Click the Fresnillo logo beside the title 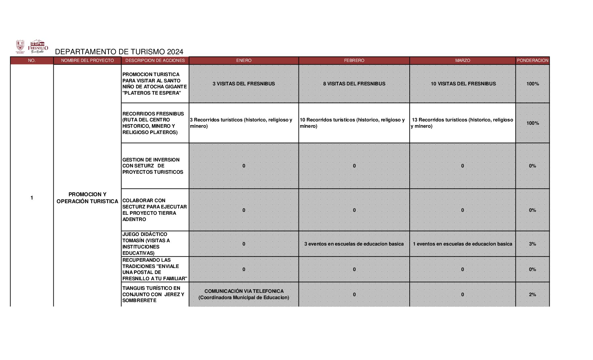(x=39, y=47)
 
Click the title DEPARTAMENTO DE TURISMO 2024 (x=119, y=52)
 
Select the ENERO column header (x=244, y=61)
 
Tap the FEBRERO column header (x=354, y=61)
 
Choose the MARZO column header (x=462, y=61)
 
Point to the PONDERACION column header (x=532, y=61)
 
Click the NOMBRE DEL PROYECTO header (x=87, y=61)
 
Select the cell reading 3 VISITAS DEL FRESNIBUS (x=244, y=84)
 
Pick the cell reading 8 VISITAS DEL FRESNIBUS (x=354, y=84)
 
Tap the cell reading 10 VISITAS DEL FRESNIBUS (x=463, y=84)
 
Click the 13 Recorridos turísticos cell (x=462, y=123)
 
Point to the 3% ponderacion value (x=532, y=244)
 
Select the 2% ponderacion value (x=532, y=294)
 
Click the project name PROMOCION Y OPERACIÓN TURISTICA (x=87, y=198)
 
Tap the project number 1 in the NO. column (x=32, y=198)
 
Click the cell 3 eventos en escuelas (x=354, y=244)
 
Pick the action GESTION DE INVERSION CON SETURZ (x=153, y=166)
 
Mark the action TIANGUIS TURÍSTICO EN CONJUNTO (x=153, y=294)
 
